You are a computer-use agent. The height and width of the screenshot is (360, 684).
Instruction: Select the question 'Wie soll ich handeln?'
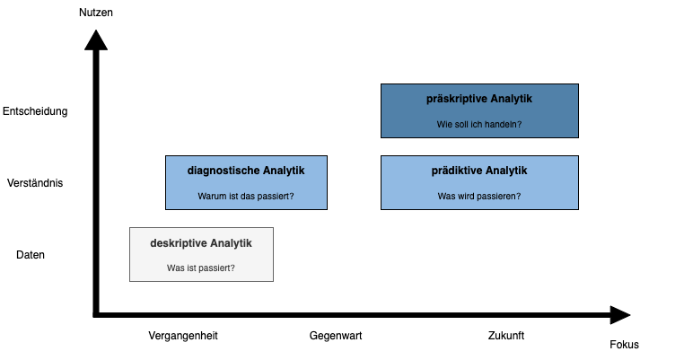479,125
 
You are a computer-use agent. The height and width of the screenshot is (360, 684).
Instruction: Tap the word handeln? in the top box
504,125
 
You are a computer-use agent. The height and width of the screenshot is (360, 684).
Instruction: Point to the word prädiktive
460,171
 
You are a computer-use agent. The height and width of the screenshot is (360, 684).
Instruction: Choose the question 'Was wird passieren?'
479,197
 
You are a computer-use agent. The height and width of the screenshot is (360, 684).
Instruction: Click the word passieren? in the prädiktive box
498,197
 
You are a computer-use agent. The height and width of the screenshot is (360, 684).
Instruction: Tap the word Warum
212,197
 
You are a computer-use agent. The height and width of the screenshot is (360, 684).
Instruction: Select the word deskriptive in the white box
179,242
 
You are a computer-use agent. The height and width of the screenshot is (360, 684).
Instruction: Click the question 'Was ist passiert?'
201,268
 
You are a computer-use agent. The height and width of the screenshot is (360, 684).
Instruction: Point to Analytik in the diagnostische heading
284,171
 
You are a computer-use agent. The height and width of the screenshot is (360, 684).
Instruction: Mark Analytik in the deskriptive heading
232,242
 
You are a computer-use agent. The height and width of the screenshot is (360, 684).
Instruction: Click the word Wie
443,125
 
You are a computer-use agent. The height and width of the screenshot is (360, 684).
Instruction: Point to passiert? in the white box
217,268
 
